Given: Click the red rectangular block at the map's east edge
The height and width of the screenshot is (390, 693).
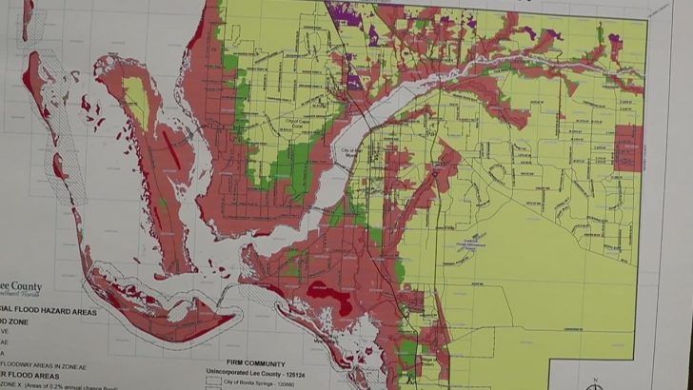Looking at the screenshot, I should coord(629,147).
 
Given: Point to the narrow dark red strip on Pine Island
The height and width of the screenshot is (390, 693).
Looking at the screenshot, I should coord(171,148).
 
